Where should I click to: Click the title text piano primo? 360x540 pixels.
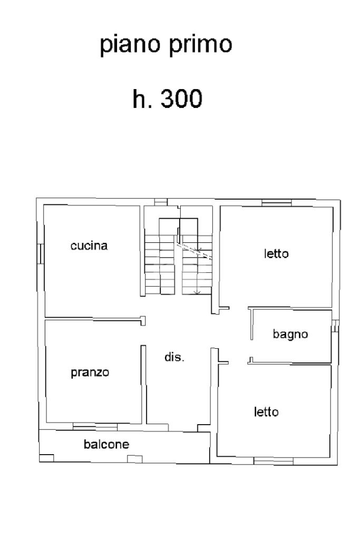tap(166, 45)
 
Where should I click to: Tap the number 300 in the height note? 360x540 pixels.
tap(181, 99)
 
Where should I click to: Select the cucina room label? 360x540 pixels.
tap(89, 246)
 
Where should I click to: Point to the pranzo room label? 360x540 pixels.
tap(90, 372)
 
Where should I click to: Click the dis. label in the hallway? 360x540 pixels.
tap(174, 357)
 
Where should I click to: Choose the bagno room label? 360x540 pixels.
tap(290, 334)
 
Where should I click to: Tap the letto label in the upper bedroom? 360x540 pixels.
tap(276, 254)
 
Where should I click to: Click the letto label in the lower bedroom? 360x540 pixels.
tap(266, 412)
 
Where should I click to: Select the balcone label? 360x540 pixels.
tap(106, 444)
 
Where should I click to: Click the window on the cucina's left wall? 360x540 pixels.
tap(40, 254)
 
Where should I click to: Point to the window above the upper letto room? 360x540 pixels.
tap(277, 202)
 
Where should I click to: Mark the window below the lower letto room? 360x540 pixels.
tap(274, 460)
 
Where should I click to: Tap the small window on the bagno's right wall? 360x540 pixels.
tap(335, 326)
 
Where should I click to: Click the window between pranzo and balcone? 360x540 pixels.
tap(95, 427)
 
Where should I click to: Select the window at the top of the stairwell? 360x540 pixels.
tap(161, 202)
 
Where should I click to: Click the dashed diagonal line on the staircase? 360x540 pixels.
tap(194, 251)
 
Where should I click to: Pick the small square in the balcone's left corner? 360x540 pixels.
tap(46, 458)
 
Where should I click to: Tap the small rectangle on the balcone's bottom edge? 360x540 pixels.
tap(135, 459)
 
